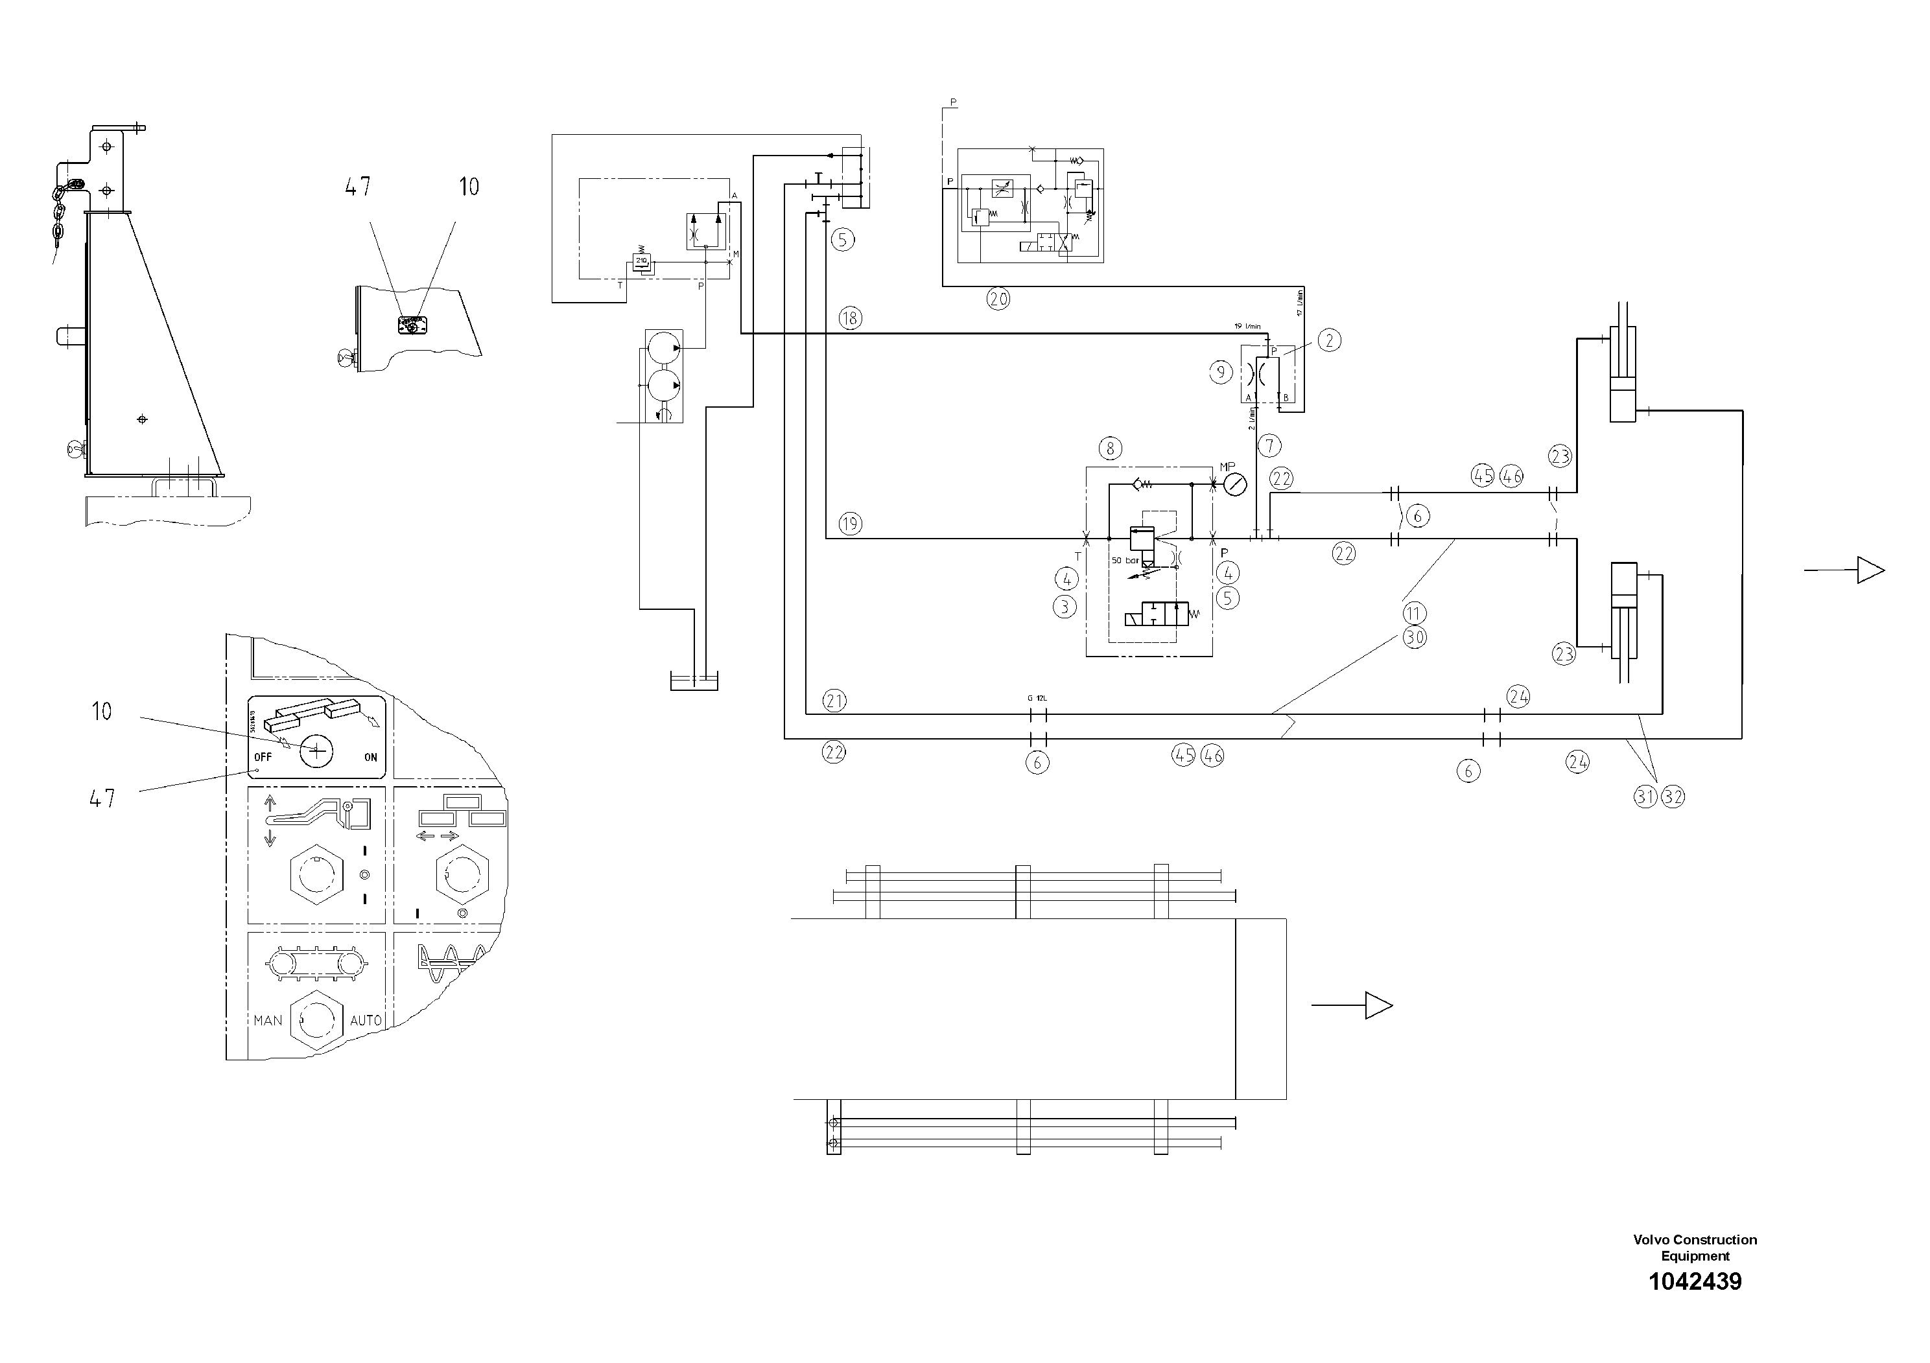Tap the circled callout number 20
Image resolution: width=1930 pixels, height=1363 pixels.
998,298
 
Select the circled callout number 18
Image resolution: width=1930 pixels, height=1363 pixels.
850,318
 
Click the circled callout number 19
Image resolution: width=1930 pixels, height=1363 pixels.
850,524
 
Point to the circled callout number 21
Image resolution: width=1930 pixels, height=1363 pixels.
834,701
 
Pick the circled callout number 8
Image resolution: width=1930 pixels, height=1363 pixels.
1111,448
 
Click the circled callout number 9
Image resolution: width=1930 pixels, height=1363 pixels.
1221,371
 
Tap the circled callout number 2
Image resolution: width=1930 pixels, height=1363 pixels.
1329,340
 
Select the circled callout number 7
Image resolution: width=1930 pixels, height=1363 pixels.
1269,446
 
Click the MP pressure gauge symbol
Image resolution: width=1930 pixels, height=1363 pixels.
1235,484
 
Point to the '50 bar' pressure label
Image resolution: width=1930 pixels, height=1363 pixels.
1125,560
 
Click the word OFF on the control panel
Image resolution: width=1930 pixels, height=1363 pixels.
263,757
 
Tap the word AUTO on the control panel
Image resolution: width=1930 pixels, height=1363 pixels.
366,1020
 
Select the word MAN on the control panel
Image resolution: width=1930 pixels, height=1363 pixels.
268,1020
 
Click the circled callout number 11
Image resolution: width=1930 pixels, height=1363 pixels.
1414,612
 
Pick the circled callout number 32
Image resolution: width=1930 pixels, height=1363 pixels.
1673,797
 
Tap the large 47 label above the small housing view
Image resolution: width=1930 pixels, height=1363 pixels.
358,187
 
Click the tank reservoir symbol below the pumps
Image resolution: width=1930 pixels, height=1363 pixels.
694,682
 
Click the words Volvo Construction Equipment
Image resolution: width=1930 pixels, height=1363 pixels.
1695,1248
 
